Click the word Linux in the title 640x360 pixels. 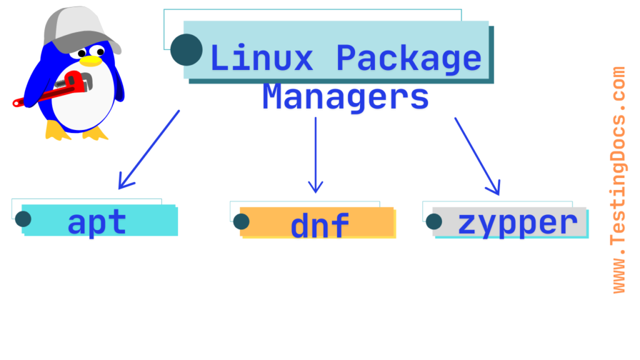click(261, 58)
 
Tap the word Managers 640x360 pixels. click(345, 97)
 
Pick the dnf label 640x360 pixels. click(319, 224)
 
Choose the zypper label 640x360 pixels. click(517, 222)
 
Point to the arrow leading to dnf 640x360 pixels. click(316, 153)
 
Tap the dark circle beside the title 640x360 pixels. click(186, 50)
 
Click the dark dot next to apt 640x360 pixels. click(23, 219)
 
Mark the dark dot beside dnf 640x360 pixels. click(241, 221)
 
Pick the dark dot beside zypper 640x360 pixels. click(434, 221)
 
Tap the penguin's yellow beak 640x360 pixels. click(92, 61)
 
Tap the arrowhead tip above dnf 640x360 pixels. click(316, 191)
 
